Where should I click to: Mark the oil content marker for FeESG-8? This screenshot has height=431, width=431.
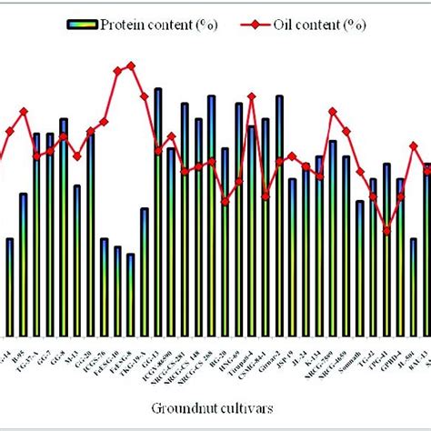point(131,65)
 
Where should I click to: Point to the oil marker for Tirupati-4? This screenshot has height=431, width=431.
point(252,96)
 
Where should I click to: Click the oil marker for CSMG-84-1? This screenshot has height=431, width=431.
point(266,195)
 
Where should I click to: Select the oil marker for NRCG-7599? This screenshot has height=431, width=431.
point(333,111)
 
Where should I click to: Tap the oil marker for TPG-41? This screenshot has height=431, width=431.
point(386,231)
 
